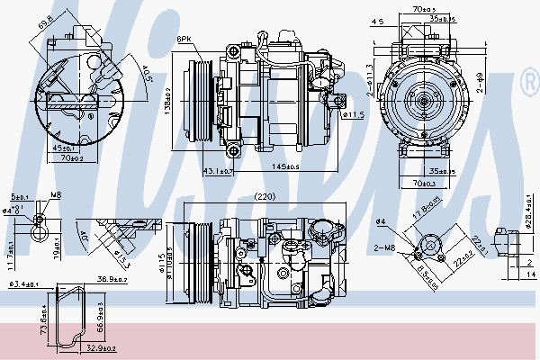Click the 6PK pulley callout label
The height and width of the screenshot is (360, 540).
(184, 40)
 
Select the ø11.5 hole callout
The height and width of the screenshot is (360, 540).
(353, 115)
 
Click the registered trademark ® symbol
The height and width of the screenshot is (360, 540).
(529, 85)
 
